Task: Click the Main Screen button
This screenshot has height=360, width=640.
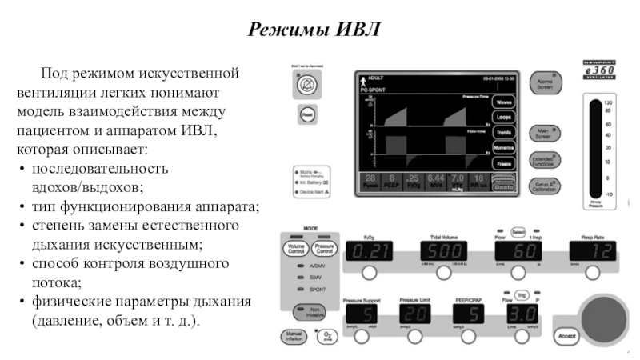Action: [x=546, y=133]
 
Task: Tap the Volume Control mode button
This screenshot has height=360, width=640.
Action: [x=296, y=250]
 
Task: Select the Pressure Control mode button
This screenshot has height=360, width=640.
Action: [x=326, y=250]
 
